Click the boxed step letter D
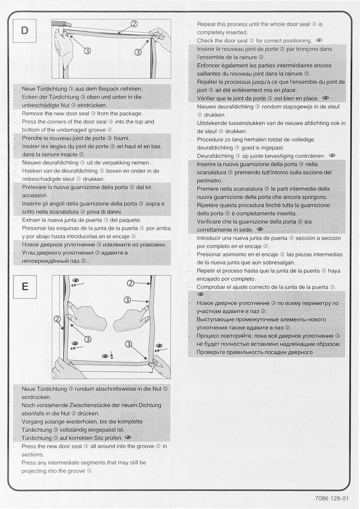click(25, 31)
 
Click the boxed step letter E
click(25, 287)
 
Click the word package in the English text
click(130, 113)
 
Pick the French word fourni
click(121, 138)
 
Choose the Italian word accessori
click(36, 195)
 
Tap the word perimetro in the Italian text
click(210, 180)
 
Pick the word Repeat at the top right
click(207, 24)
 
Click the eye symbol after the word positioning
click(319, 41)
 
